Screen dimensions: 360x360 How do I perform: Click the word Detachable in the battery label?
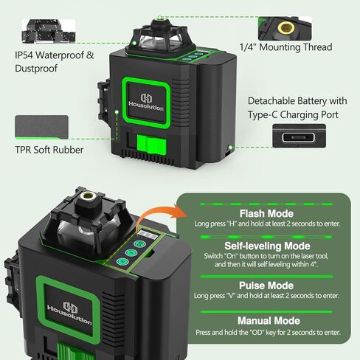(271, 101)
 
